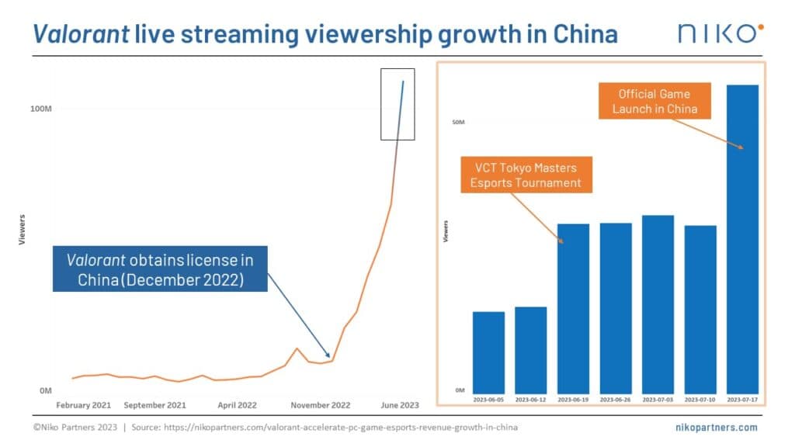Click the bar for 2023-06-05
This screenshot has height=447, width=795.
(488, 352)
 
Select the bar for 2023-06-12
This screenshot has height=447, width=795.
(531, 349)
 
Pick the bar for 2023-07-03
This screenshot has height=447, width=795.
(658, 303)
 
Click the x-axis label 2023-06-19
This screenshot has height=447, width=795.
(573, 400)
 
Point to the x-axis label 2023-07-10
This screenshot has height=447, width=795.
(700, 400)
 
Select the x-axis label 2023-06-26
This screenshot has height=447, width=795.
(616, 400)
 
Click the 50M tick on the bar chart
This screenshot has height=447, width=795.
(458, 122)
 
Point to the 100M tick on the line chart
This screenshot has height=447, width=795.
(40, 108)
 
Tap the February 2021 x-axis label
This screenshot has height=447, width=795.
(83, 405)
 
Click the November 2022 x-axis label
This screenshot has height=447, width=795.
(321, 405)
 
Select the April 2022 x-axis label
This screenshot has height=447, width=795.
(238, 405)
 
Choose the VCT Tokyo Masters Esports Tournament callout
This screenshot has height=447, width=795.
(525, 175)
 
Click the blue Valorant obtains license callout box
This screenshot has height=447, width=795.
(160, 269)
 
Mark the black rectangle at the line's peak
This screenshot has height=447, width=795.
(397, 104)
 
